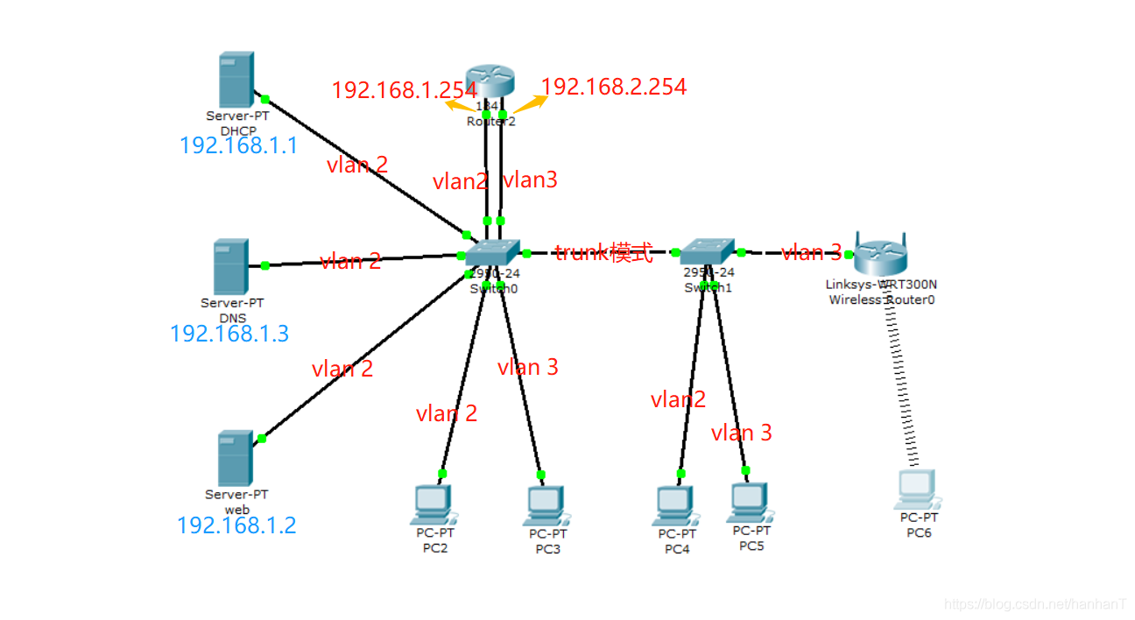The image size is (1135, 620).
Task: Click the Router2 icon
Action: point(491,81)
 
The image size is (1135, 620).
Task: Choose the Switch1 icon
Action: point(708,251)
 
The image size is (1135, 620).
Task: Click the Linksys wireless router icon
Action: point(881,255)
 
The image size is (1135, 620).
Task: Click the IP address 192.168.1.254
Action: point(404,89)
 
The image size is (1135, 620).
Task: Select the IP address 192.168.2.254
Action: point(614,86)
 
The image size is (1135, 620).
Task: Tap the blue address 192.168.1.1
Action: point(238,145)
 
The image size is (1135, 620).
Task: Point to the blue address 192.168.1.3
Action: point(229,334)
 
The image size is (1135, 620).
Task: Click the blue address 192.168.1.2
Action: point(236,525)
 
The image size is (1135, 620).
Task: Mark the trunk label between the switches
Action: point(603,253)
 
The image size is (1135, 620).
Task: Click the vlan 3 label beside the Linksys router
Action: point(811,253)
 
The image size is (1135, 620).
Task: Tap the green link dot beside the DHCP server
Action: point(264,99)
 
